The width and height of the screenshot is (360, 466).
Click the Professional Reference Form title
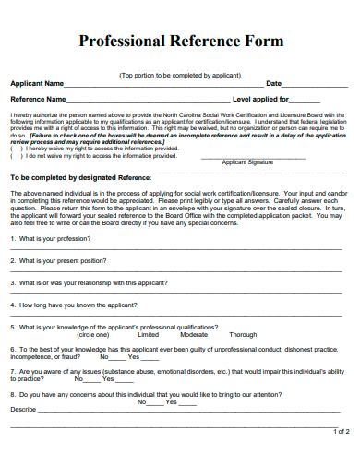[180, 42]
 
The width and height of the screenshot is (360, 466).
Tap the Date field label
[273, 83]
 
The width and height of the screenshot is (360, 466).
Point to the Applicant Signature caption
[248, 161]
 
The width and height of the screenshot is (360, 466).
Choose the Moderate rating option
[194, 335]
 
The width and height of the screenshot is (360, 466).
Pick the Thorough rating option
[243, 335]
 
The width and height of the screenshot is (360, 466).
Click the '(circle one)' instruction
[92, 335]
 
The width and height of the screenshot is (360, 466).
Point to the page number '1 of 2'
[341, 431]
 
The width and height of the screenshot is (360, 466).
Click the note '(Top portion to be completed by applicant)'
[180, 74]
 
